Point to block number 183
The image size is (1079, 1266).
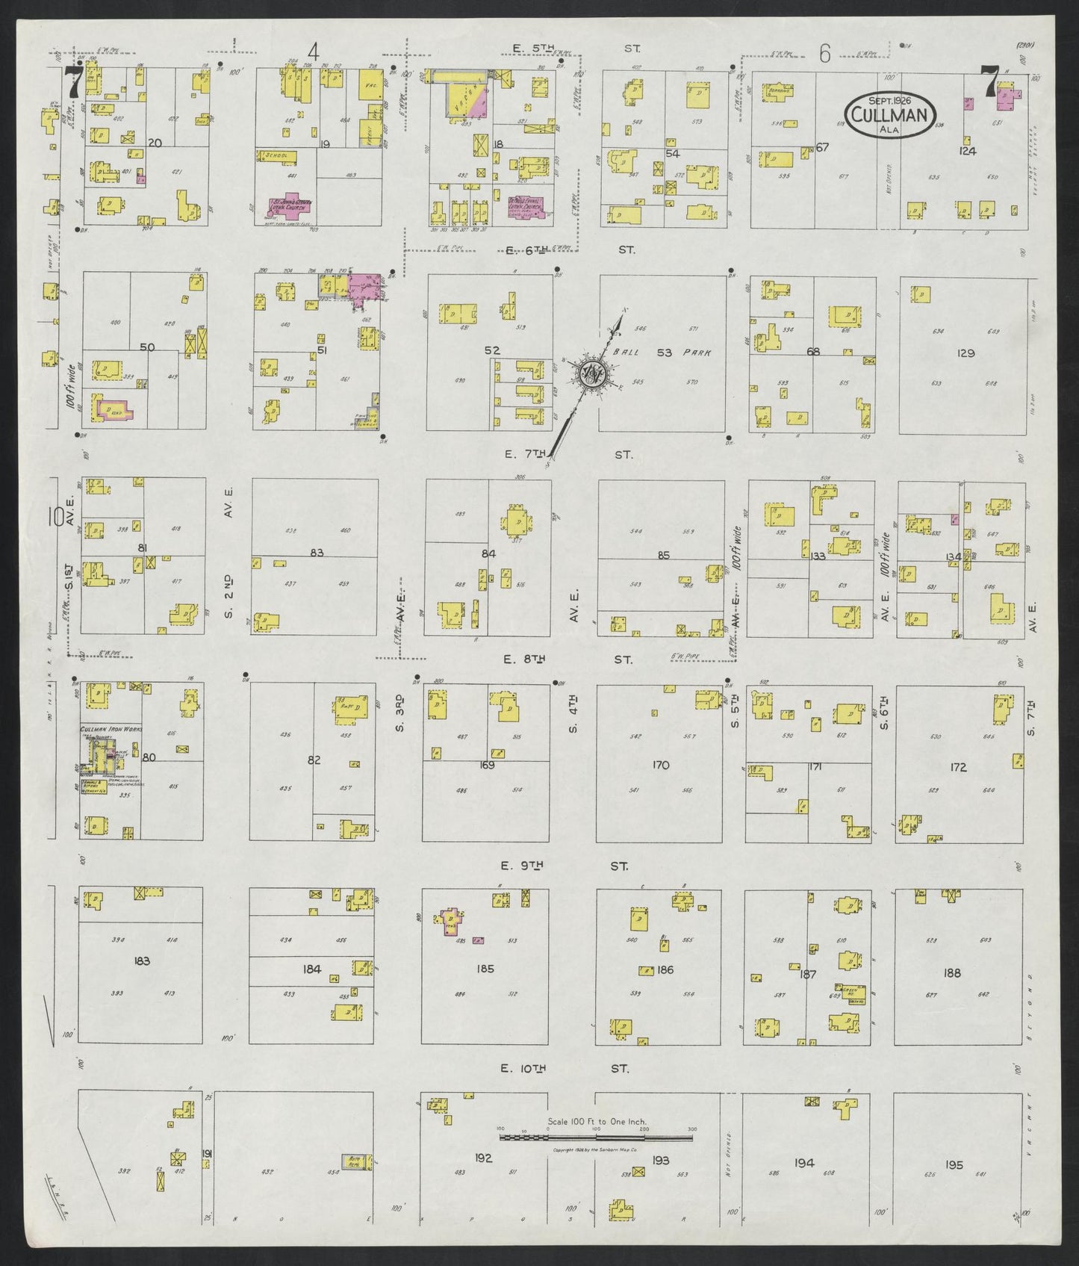coord(141,961)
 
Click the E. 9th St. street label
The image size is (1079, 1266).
coord(565,866)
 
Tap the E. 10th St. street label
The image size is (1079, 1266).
coord(565,1069)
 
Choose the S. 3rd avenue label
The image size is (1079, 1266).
coord(400,713)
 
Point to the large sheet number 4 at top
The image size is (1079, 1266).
coord(314,53)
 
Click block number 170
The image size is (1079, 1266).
coord(661,764)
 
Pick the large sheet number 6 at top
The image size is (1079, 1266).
coord(824,53)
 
